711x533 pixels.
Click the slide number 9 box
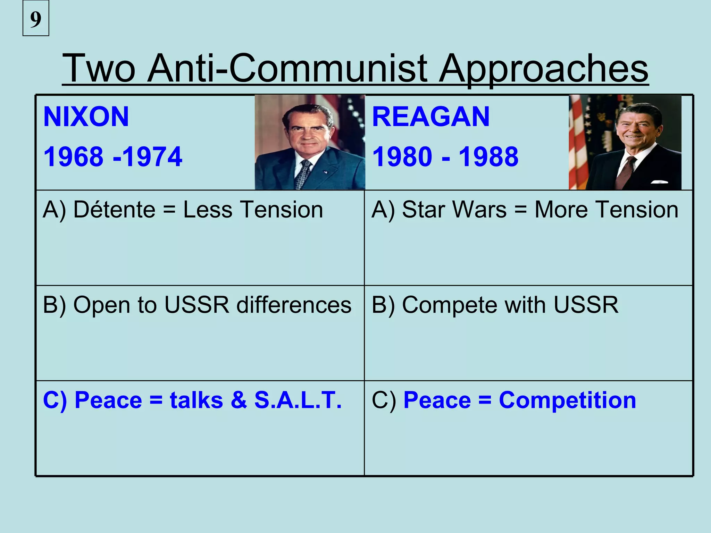coord(36,18)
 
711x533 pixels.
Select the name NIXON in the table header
coord(86,117)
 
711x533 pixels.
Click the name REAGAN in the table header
coord(431,117)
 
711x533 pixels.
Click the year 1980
coord(402,157)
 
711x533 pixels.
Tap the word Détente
coord(115,210)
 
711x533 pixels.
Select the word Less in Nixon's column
coord(208,210)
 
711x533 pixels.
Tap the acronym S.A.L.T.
coord(298,400)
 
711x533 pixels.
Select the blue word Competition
coord(567,400)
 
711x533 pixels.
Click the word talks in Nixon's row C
coord(196,400)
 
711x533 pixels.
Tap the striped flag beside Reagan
coord(578,146)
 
